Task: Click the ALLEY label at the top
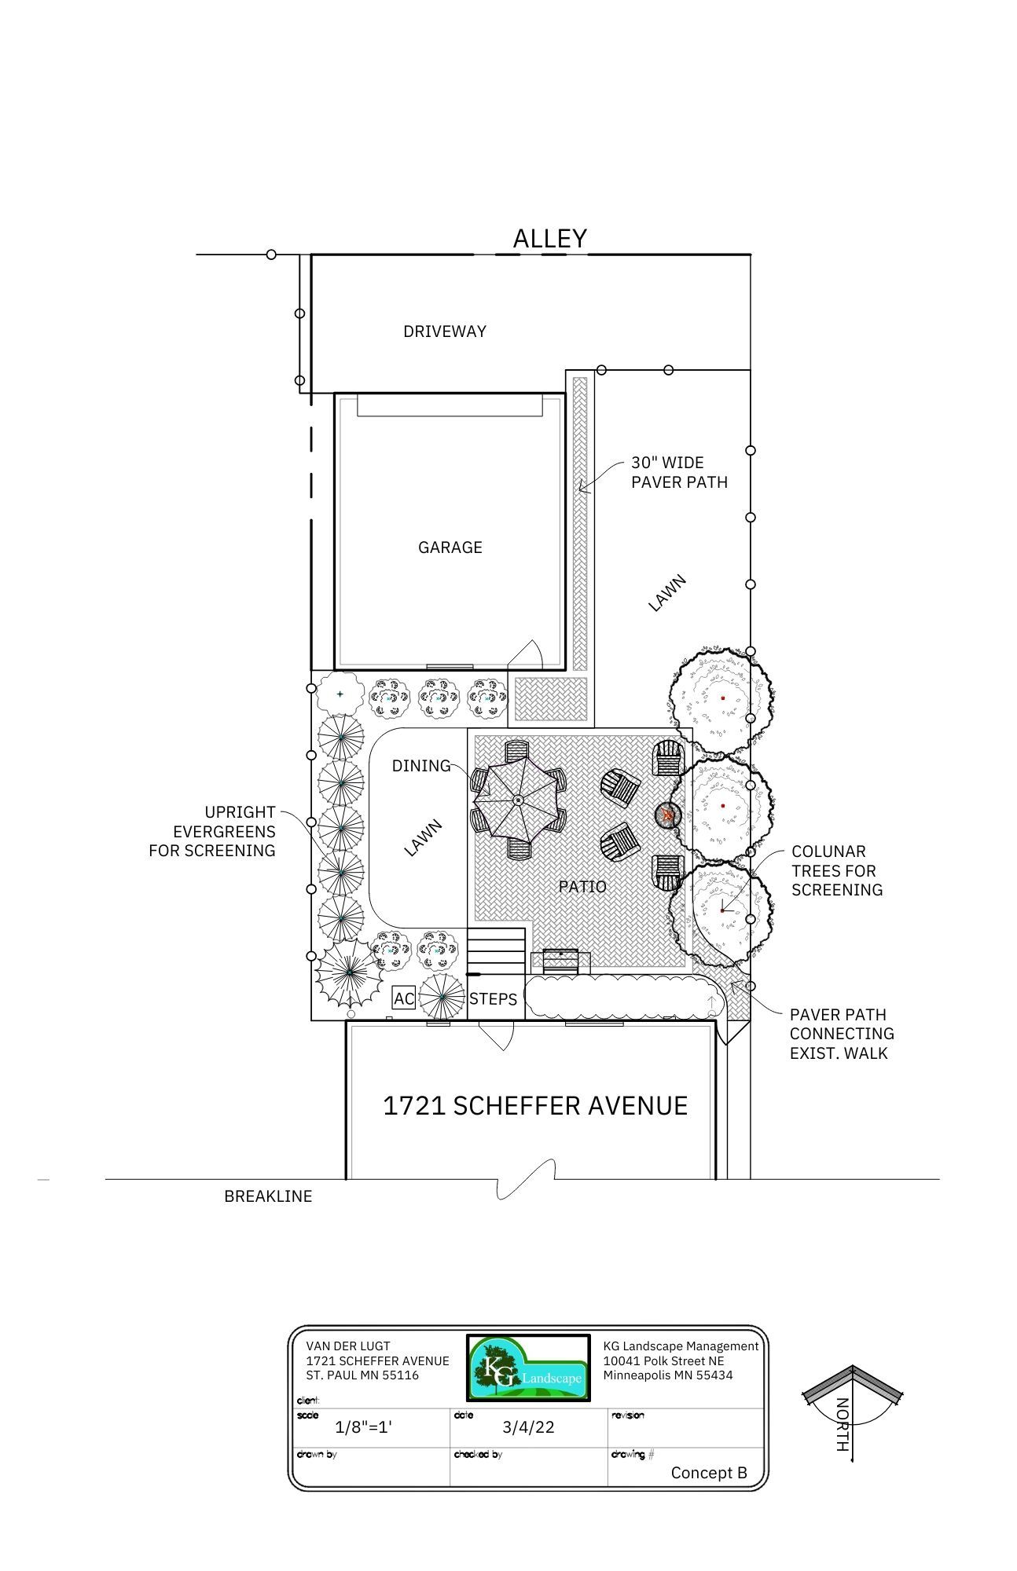pyautogui.click(x=550, y=238)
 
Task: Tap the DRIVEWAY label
pyautogui.click(x=445, y=331)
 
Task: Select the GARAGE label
pyautogui.click(x=450, y=547)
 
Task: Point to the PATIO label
pyautogui.click(x=582, y=887)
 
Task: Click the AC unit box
pyautogui.click(x=404, y=998)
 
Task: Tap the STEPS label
pyautogui.click(x=494, y=999)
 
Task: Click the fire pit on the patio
pyautogui.click(x=667, y=815)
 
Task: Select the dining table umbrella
pyautogui.click(x=518, y=800)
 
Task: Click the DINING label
pyautogui.click(x=421, y=766)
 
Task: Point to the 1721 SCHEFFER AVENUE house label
pyautogui.click(x=535, y=1106)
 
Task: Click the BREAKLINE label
pyautogui.click(x=268, y=1196)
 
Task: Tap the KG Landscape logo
pyautogui.click(x=528, y=1368)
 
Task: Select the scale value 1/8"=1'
pyautogui.click(x=363, y=1427)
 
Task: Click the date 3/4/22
pyautogui.click(x=528, y=1427)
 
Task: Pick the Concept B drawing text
pyautogui.click(x=709, y=1473)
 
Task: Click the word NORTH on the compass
pyautogui.click(x=842, y=1425)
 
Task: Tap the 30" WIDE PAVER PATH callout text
pyautogui.click(x=680, y=472)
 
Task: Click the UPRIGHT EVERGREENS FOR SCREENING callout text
pyautogui.click(x=212, y=831)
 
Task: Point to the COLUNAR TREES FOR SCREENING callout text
pyautogui.click(x=837, y=870)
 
